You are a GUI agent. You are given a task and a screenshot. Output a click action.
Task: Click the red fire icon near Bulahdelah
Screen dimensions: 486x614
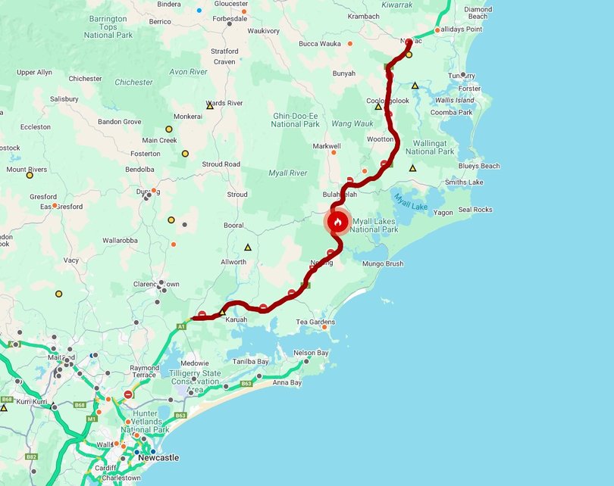click(x=337, y=222)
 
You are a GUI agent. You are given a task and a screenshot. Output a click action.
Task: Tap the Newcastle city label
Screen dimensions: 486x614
click(x=158, y=457)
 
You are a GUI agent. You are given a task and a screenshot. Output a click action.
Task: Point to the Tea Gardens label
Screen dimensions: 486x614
click(x=315, y=322)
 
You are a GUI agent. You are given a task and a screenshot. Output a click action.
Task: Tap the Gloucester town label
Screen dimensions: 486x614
click(x=230, y=4)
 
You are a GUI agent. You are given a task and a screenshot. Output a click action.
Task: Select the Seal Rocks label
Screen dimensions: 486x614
click(x=475, y=210)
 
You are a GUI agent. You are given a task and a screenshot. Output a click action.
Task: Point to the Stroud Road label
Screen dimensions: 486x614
click(x=221, y=164)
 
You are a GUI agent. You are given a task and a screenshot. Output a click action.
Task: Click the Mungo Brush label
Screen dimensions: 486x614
click(x=383, y=264)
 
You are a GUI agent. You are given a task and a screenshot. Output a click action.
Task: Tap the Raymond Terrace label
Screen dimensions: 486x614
click(x=144, y=372)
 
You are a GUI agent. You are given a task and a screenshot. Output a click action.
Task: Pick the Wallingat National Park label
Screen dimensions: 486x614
click(x=430, y=147)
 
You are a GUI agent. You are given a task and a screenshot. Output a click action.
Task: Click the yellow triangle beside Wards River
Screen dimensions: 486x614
click(x=210, y=106)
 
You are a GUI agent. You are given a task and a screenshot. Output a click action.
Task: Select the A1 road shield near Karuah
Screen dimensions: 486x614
click(x=181, y=326)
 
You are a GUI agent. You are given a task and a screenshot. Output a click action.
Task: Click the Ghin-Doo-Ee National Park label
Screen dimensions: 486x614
click(x=296, y=120)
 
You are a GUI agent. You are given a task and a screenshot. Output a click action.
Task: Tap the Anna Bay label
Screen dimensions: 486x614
click(x=287, y=383)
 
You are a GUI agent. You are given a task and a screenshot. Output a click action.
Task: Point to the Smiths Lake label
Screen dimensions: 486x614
click(x=464, y=182)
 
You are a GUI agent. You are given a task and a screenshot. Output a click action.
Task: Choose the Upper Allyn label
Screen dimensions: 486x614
click(x=35, y=72)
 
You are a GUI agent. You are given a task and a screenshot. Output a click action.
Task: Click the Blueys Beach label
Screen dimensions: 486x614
click(x=479, y=166)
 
